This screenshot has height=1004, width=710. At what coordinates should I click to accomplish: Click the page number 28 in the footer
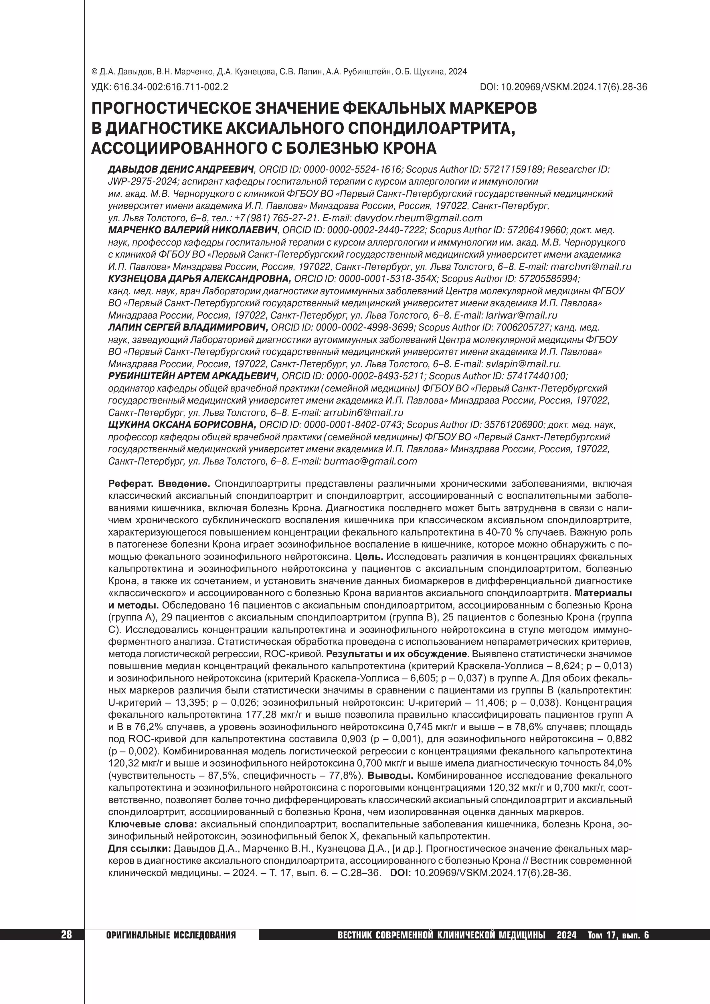tap(66, 935)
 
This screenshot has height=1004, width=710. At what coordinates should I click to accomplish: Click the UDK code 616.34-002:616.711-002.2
tap(171, 87)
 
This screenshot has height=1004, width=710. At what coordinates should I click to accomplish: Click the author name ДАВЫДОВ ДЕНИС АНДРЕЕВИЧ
tap(181, 169)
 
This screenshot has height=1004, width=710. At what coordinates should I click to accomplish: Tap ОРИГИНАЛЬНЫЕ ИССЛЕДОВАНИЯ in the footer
tap(171, 935)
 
